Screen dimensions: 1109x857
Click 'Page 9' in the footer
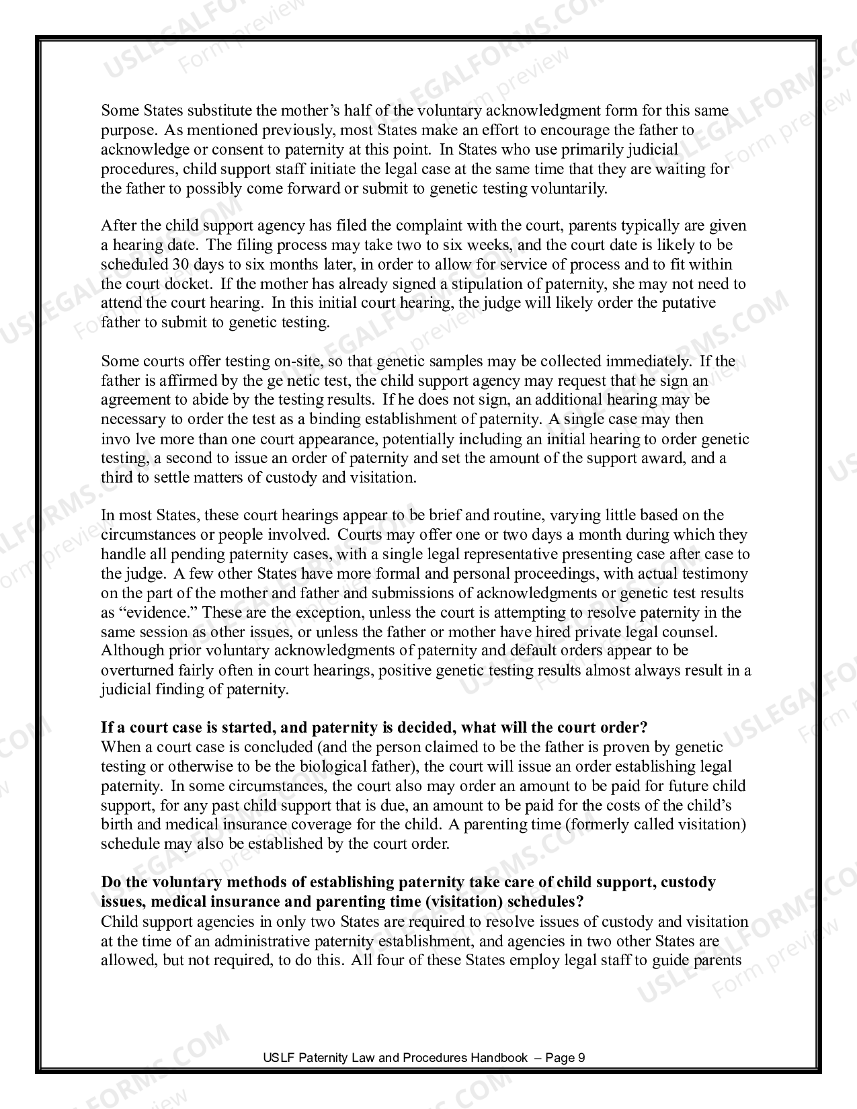(x=565, y=1058)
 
